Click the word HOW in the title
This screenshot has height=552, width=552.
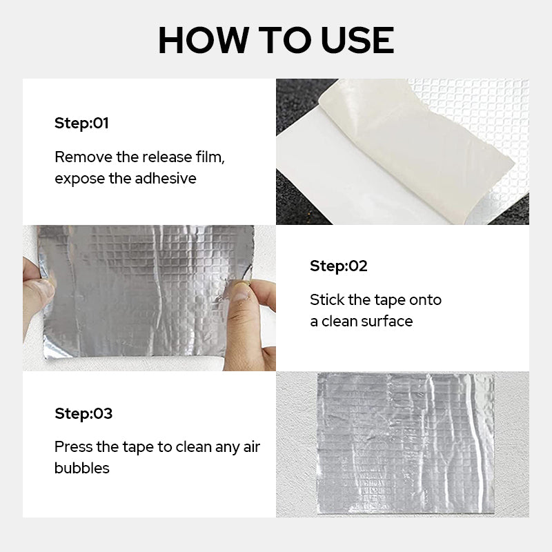click(204, 40)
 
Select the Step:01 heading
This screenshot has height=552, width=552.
click(81, 124)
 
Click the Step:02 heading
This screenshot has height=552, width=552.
click(338, 266)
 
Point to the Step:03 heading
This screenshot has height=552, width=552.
click(83, 413)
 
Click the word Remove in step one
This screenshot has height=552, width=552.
click(83, 157)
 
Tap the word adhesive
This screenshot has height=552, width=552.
click(166, 178)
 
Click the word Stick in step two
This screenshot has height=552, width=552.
click(327, 300)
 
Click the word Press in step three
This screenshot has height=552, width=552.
click(73, 447)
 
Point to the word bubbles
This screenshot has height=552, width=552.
click(82, 469)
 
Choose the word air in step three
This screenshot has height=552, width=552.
click(252, 447)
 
